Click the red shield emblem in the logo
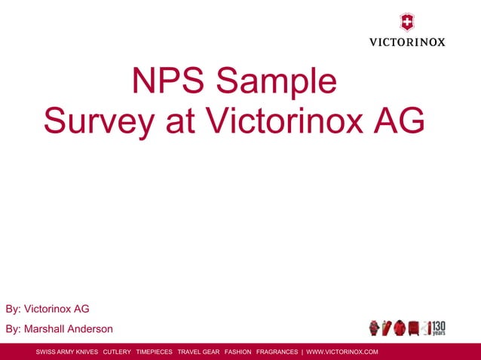[x=406, y=22]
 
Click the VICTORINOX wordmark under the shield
[x=406, y=41]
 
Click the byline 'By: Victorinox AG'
[x=47, y=309]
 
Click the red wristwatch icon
[x=374, y=328]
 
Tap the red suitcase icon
[x=413, y=328]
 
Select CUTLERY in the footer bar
[x=117, y=352]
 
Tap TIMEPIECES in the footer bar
[x=154, y=352]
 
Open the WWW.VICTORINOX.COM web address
[x=342, y=352]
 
